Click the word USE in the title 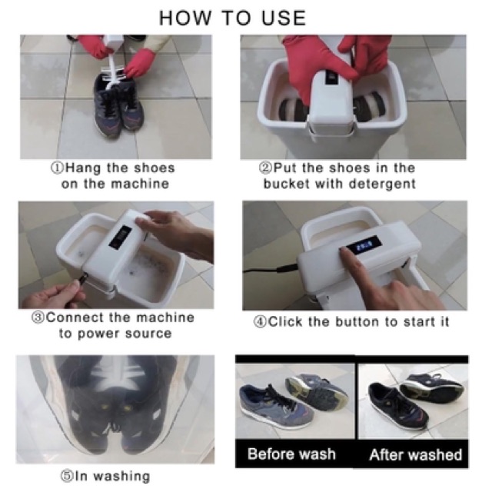coord(284,18)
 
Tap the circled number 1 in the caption coord(57,168)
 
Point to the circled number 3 coord(38,317)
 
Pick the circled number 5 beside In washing coord(66,476)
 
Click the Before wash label coord(291,454)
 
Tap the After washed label coord(415,454)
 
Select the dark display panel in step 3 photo coord(120,238)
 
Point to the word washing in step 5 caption coord(121,477)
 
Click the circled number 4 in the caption coord(260,322)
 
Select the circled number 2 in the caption coord(265,168)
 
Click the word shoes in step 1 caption coord(154,168)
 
